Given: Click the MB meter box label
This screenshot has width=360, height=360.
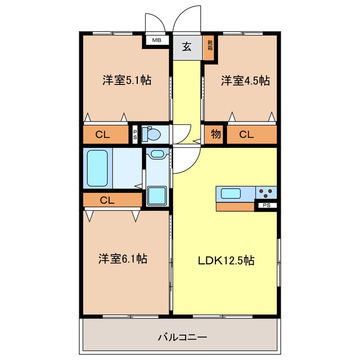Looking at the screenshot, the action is (x=157, y=40).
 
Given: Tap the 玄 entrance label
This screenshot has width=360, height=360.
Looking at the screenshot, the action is (x=187, y=47).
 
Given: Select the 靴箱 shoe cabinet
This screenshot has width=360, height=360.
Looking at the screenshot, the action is (x=210, y=47).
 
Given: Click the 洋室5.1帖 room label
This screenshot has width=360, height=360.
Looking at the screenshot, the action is (x=127, y=80).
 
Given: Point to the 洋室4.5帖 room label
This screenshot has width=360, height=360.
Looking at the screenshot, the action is (x=245, y=80).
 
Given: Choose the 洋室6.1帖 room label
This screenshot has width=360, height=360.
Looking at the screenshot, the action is (x=123, y=259).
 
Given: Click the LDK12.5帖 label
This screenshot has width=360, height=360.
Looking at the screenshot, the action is (x=226, y=260).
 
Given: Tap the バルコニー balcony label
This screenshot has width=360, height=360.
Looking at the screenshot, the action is (x=182, y=337).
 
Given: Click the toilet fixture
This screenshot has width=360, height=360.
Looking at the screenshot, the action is (x=151, y=134).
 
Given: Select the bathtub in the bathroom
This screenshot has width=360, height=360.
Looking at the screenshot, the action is (x=97, y=168).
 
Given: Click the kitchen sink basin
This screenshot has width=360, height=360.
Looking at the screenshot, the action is (x=231, y=193).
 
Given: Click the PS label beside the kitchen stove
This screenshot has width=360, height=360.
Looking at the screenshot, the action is (x=267, y=205).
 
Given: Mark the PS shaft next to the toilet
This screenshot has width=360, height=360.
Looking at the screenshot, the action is (x=135, y=134).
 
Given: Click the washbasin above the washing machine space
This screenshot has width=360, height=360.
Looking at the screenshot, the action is (x=157, y=154).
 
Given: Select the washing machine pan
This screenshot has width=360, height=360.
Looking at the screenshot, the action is (x=157, y=196).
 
